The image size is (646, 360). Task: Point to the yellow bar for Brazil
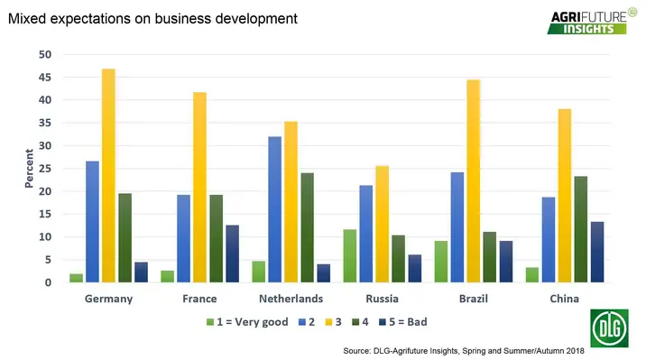474,181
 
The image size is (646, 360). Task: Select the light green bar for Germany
76,278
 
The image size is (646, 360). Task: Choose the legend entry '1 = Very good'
250,320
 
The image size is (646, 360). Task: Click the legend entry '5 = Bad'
406,320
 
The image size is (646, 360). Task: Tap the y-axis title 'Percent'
28,169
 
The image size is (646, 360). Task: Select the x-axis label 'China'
567,299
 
